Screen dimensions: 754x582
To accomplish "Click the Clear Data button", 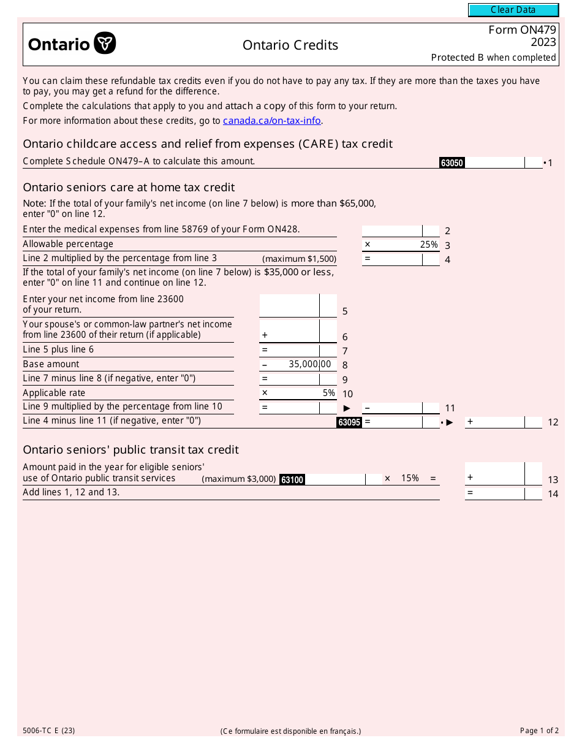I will [513, 10].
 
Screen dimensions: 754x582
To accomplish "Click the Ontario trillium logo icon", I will [105, 44].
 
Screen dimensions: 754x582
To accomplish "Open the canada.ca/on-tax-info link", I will [272, 121].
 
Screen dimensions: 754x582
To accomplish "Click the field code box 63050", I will [452, 163].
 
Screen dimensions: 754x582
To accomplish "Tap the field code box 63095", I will [349, 422].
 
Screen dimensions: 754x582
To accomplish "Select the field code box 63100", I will [292, 480].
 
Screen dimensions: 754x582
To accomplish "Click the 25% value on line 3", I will [429, 245].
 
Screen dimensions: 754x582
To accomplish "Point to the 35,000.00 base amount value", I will [309, 364].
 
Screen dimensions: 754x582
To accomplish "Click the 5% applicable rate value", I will [329, 393].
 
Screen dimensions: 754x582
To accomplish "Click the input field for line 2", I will [392, 231].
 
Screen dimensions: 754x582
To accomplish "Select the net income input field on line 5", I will [290, 305].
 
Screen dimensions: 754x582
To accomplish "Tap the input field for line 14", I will [495, 493].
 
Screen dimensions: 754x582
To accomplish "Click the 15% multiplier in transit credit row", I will [410, 478].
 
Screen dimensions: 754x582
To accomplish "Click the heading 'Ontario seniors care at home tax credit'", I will [129, 188].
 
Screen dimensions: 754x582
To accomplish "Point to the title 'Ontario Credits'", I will [290, 45].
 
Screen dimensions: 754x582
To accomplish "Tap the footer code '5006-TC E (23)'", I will [49, 731].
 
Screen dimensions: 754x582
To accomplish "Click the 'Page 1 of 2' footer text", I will [539, 731].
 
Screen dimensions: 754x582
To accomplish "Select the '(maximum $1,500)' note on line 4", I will [299, 259].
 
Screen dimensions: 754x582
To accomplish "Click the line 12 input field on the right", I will [495, 422].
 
